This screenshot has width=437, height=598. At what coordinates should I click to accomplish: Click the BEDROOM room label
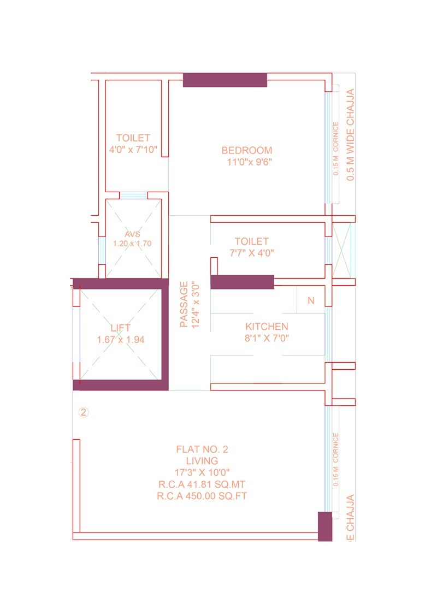(246, 150)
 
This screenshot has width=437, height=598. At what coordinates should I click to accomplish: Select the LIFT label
(120, 328)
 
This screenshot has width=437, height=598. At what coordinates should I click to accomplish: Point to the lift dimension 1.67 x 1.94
(120, 340)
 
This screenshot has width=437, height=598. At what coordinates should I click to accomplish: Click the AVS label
(132, 234)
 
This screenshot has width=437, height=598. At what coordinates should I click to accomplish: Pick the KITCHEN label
(267, 327)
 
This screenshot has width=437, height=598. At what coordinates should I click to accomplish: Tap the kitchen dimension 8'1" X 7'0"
(267, 338)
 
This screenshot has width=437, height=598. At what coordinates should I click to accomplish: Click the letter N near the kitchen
(311, 300)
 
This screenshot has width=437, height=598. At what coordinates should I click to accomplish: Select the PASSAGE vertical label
(184, 304)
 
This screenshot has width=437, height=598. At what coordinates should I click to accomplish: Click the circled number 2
(83, 412)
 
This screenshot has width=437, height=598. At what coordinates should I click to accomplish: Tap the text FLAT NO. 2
(202, 449)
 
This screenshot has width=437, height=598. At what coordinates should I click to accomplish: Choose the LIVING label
(202, 461)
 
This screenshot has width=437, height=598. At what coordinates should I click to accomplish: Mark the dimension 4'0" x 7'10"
(133, 150)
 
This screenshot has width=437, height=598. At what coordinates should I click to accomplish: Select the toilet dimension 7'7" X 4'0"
(251, 253)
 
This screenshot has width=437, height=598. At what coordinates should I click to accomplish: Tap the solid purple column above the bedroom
(225, 80)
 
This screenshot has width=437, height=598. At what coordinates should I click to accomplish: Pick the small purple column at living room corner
(324, 526)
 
